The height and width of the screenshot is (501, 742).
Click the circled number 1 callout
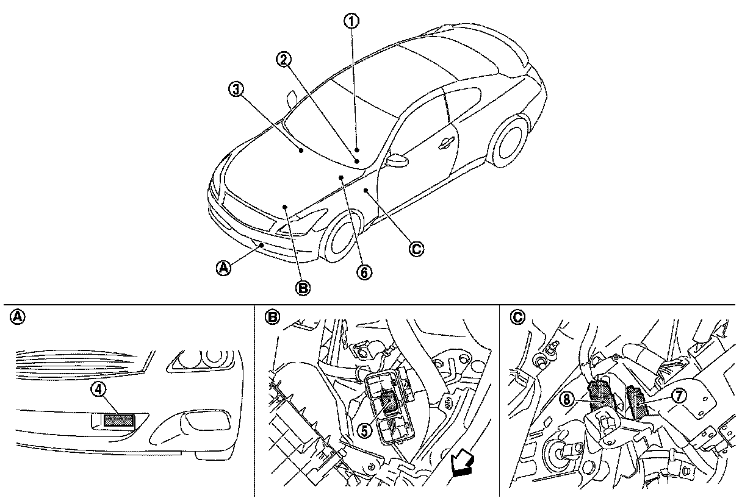click(x=350, y=21)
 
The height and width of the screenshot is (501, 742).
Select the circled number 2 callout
click(x=283, y=59)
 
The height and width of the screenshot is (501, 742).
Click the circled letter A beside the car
click(x=225, y=267)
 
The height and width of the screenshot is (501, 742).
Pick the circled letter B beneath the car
click(x=303, y=288)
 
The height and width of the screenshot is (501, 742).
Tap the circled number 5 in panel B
click(x=364, y=429)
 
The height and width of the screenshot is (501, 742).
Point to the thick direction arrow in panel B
click(x=462, y=465)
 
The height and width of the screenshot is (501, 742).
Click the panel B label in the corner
click(x=272, y=317)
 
